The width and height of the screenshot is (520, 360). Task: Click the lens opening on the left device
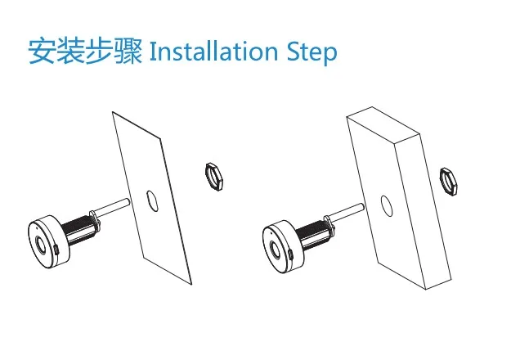39,244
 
